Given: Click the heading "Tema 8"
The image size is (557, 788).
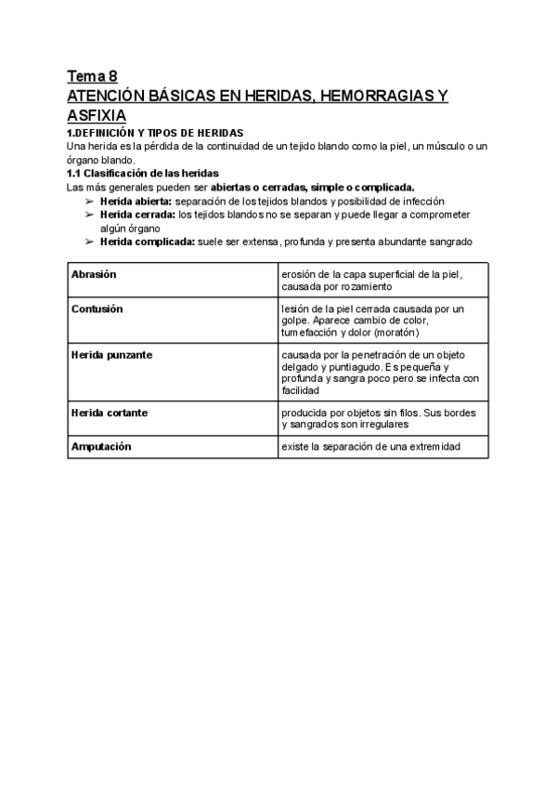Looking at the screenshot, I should coord(92,76).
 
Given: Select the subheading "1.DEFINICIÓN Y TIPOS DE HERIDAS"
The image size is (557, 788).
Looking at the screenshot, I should coord(155,134).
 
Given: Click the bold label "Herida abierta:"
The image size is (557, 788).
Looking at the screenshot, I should coord(136,201).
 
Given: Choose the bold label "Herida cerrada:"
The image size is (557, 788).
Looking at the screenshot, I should coord(137,215).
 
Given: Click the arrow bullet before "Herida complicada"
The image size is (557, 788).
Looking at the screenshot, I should coord(89,242).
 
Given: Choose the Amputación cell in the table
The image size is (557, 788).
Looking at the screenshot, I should coord(101,447).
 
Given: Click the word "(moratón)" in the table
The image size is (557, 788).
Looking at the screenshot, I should coord(396,332).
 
